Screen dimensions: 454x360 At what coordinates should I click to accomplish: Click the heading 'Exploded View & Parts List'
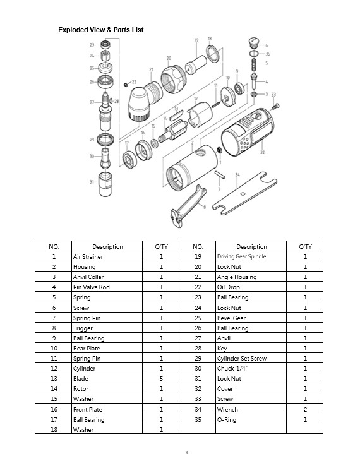[x=101, y=30]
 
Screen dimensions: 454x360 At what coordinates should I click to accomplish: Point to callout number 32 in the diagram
[x=261, y=152]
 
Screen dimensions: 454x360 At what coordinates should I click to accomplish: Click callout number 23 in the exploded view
[x=92, y=45]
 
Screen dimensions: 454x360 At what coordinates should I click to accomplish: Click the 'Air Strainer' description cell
[x=88, y=257]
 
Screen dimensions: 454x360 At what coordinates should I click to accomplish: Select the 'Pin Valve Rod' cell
[x=92, y=287]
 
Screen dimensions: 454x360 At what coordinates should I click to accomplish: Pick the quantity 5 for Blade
[x=161, y=379]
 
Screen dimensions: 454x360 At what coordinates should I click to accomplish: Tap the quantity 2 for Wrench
[x=305, y=409]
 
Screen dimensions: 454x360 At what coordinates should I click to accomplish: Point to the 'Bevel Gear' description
[x=232, y=318]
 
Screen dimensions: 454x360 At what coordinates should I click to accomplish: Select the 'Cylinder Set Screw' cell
[x=242, y=359]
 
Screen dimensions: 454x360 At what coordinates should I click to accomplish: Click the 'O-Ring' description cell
[x=227, y=419]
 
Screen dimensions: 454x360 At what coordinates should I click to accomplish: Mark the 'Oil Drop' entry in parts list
[x=228, y=287]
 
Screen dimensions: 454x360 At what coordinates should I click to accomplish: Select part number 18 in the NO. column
[x=54, y=429]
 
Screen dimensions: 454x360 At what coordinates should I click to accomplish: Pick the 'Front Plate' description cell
[x=88, y=409]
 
